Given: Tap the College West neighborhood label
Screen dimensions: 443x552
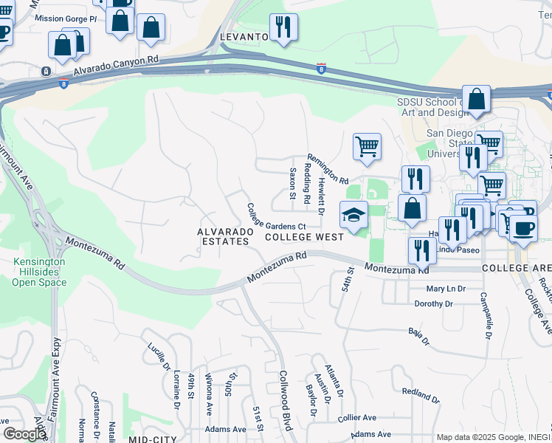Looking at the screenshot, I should click(x=304, y=237).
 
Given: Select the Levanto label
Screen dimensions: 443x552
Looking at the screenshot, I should click(x=243, y=36).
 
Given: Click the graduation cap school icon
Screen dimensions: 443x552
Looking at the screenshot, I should click(x=353, y=215).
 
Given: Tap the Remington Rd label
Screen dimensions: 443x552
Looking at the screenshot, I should click(x=327, y=168).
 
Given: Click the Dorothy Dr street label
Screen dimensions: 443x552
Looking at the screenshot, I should click(x=433, y=303).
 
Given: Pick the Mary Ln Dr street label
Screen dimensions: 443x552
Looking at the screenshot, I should click(x=446, y=289).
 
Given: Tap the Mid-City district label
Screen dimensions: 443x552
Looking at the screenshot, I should click(x=155, y=439).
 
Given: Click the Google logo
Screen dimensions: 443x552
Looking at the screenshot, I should click(x=24, y=434).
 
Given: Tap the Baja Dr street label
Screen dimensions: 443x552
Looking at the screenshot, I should click(x=418, y=338).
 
